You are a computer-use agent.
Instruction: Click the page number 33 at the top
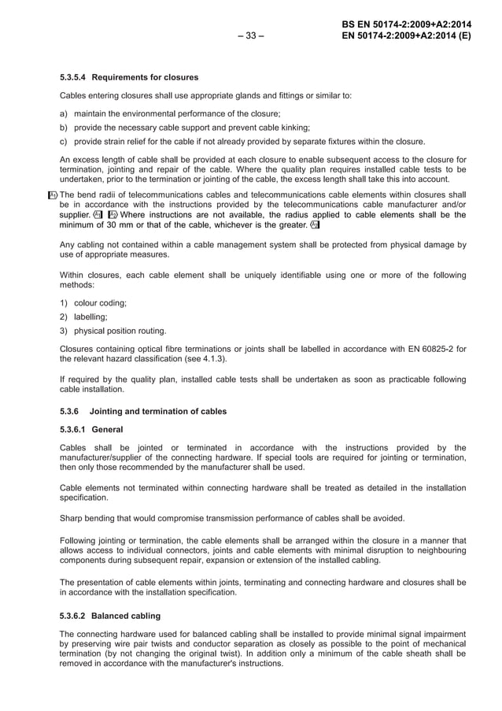tap(250, 35)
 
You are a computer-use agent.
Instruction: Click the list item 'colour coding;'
tap(100, 302)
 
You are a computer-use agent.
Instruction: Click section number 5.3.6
tap(71, 411)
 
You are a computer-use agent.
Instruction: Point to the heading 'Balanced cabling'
tap(138, 615)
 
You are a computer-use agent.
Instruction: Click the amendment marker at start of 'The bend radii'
tap(52, 194)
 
